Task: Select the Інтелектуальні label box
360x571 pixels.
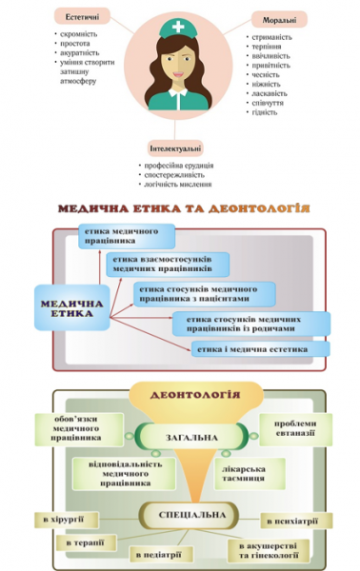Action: pyautogui.click(x=175, y=148)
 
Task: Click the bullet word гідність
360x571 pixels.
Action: pyautogui.click(x=266, y=111)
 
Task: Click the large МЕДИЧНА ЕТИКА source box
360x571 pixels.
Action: pyautogui.click(x=72, y=305)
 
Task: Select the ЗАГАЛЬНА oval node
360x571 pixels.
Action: pyautogui.click(x=190, y=438)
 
